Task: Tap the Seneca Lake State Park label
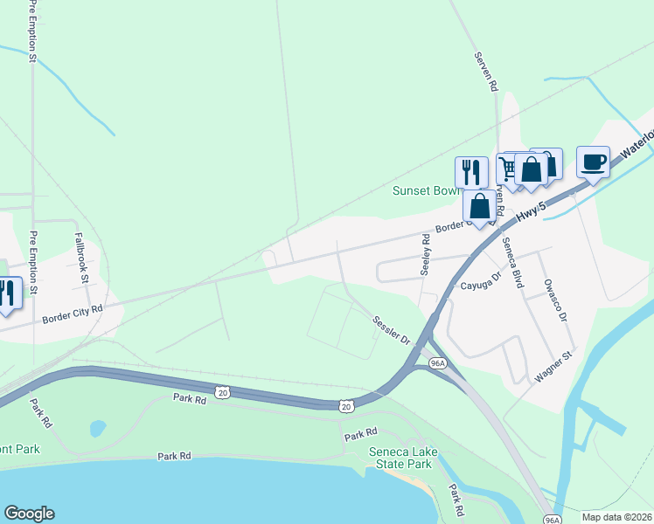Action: click(x=401, y=457)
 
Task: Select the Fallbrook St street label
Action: click(x=82, y=259)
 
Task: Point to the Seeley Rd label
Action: click(x=426, y=255)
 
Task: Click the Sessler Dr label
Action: click(x=392, y=329)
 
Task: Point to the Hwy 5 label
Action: click(x=531, y=216)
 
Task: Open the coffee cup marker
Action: click(x=593, y=162)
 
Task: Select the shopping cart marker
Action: click(x=509, y=169)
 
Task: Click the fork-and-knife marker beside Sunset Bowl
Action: click(x=471, y=172)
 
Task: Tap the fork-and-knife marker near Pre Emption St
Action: click(x=7, y=293)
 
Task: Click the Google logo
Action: click(x=29, y=514)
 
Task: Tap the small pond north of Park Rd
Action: click(x=97, y=428)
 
